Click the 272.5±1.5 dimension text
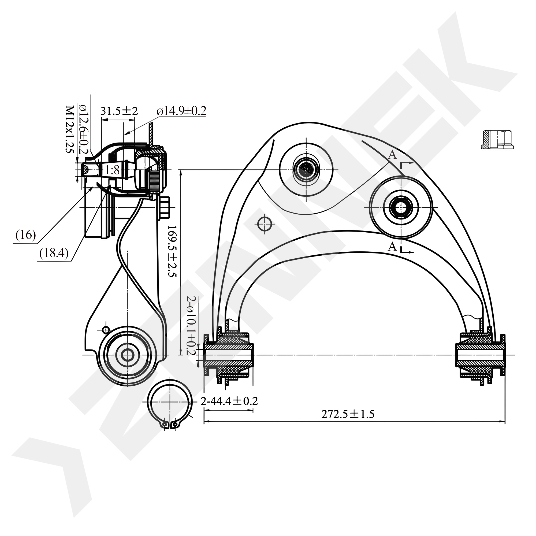[348, 414]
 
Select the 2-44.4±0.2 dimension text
[229, 401]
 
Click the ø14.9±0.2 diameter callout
[181, 111]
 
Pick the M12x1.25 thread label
[69, 129]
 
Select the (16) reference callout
[26, 235]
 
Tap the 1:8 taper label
[112, 170]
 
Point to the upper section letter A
[392, 155]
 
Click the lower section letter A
[392, 246]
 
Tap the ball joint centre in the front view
[306, 170]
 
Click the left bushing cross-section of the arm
[229, 355]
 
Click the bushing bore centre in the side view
[127, 355]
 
